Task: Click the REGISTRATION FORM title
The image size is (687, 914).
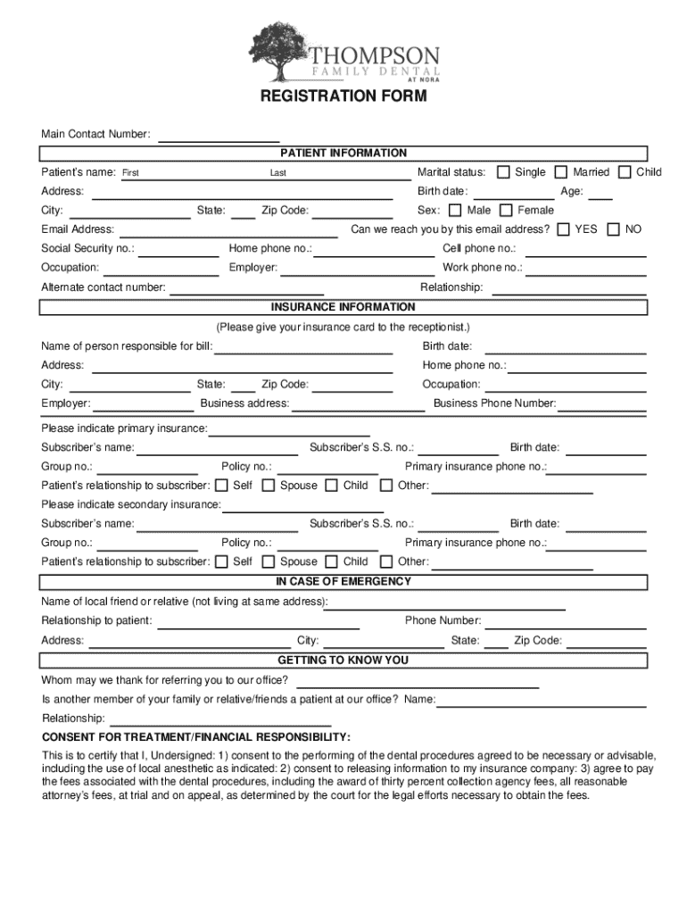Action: pyautogui.click(x=343, y=96)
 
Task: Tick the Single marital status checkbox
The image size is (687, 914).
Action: pyautogui.click(x=503, y=172)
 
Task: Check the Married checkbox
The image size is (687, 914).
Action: pyautogui.click(x=561, y=172)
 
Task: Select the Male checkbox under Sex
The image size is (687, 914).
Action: pyautogui.click(x=455, y=211)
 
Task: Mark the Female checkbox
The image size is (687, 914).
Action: pyautogui.click(x=506, y=211)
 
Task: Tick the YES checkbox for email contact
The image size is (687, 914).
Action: pyautogui.click(x=563, y=229)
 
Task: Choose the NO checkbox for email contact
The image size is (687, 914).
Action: pyautogui.click(x=613, y=229)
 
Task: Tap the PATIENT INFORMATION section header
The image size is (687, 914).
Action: pyautogui.click(x=343, y=154)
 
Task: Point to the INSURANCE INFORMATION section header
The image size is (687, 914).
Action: pyautogui.click(x=343, y=307)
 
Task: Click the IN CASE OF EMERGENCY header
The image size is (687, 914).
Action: pyautogui.click(x=343, y=582)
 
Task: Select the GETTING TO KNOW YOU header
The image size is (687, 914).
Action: pyautogui.click(x=343, y=661)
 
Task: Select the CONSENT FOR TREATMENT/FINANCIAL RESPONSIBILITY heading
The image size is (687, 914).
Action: pyautogui.click(x=196, y=737)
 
